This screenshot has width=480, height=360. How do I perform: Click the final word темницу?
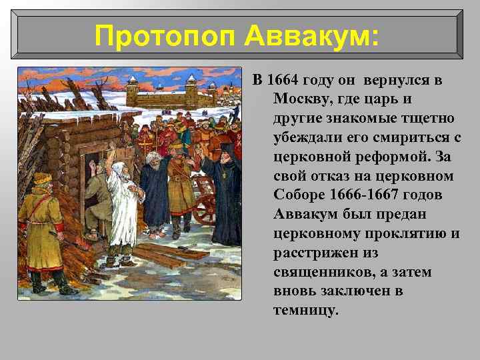(x=305, y=311)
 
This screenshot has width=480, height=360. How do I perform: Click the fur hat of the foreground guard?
(x=42, y=179)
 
